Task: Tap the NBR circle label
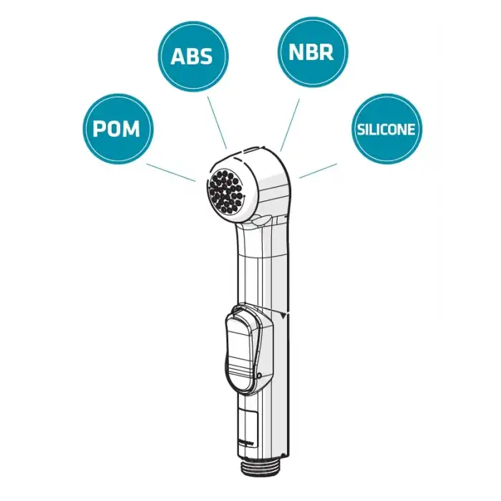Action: (x=312, y=52)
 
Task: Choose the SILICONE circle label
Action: (x=386, y=130)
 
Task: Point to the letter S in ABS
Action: (x=210, y=57)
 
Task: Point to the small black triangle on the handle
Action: (x=285, y=315)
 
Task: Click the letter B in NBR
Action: (x=312, y=52)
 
